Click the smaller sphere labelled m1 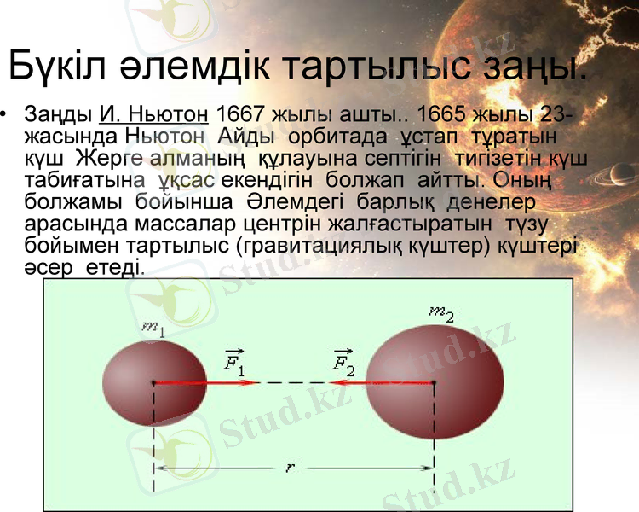point(153,383)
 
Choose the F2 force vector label point(343,363)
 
